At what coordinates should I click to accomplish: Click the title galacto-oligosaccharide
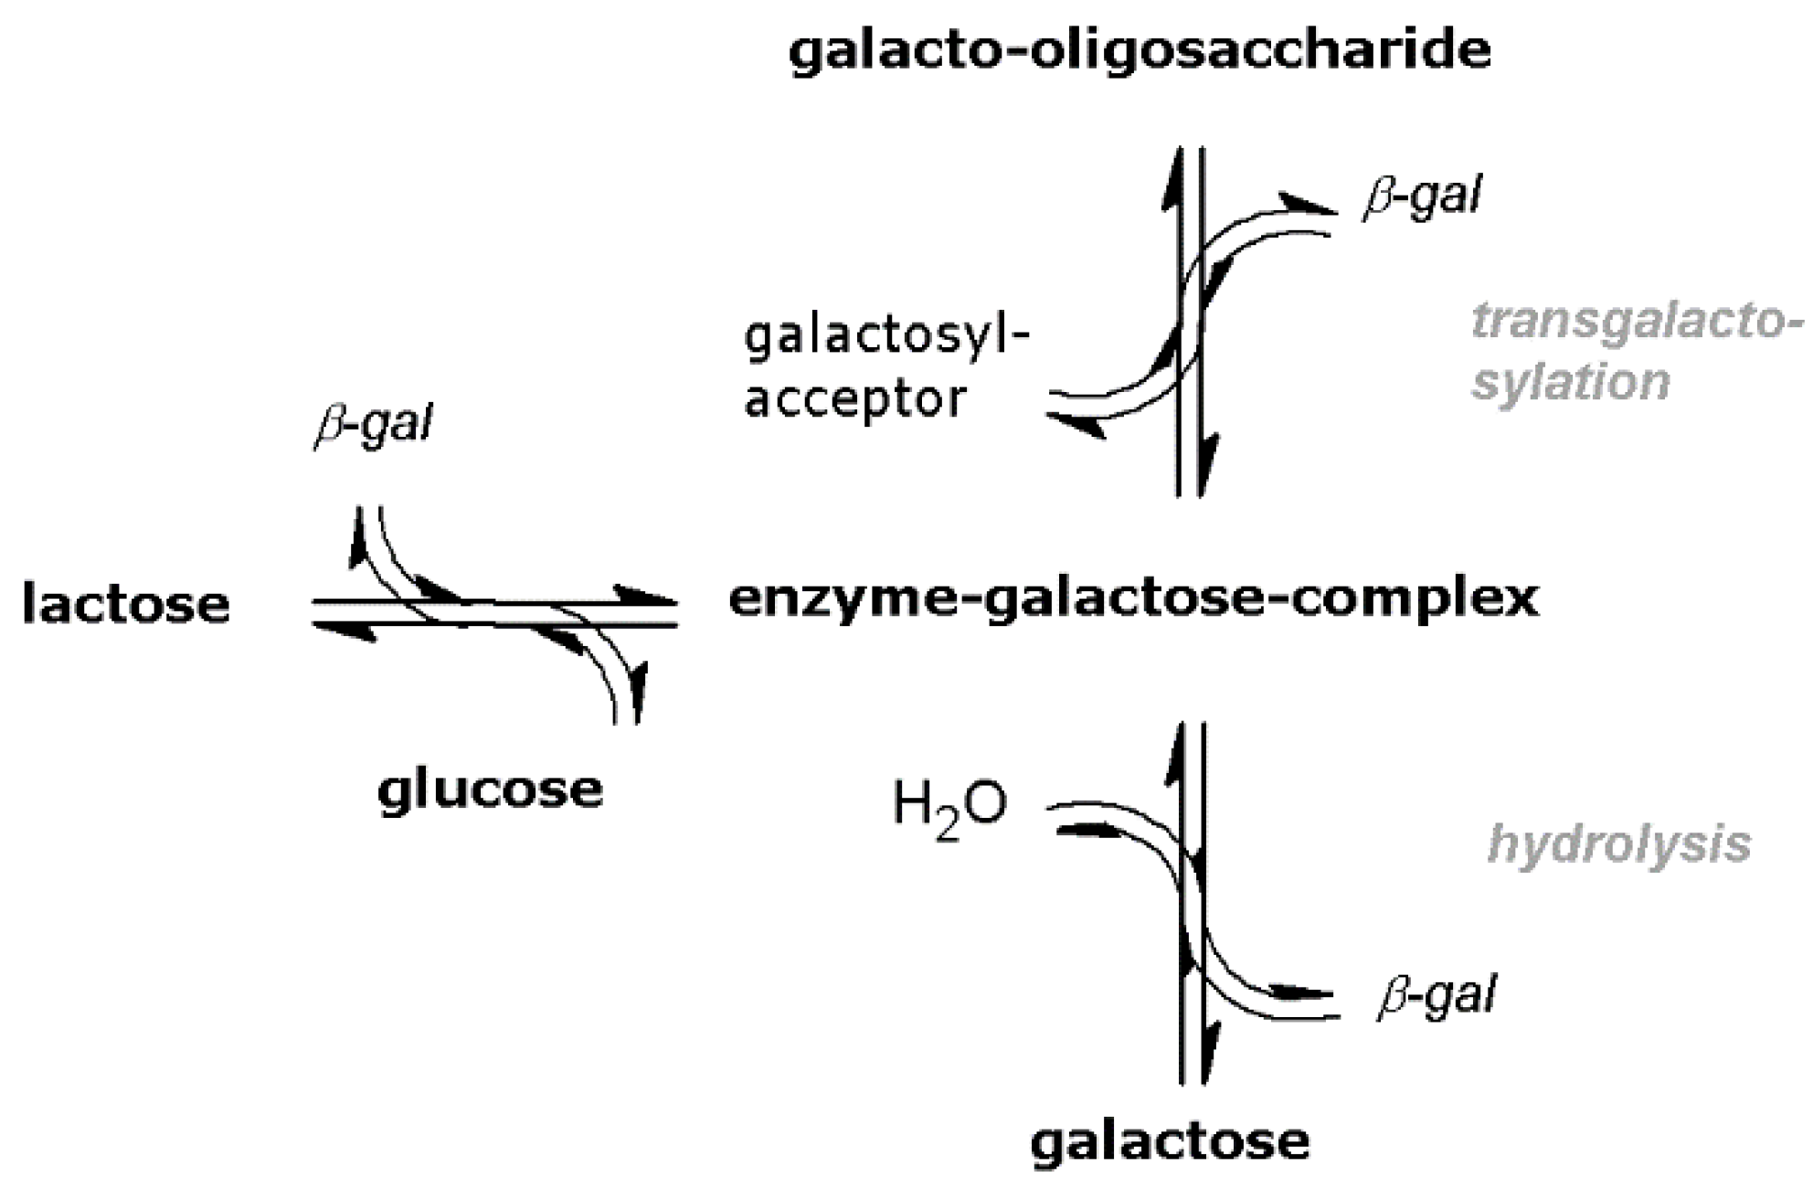1140,50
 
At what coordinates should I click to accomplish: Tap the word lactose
126,604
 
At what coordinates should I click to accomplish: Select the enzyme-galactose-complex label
1134,599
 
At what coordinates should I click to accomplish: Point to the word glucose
491,790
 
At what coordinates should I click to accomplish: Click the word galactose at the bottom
1170,1141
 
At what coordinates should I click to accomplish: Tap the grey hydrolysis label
1619,843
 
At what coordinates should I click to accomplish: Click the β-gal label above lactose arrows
373,425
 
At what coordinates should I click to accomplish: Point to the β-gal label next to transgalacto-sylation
1422,196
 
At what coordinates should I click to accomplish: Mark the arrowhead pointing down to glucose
638,695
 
